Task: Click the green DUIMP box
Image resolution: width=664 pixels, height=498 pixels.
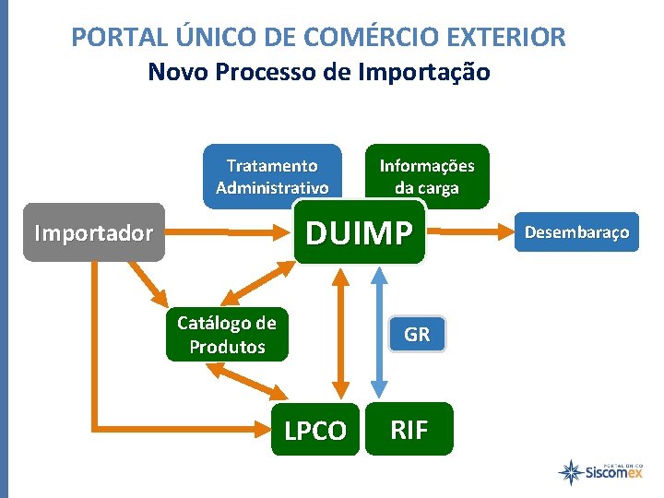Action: pos(360,233)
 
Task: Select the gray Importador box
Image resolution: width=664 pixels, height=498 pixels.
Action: pos(93,232)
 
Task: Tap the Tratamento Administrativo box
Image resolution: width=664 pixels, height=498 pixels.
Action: pos(271,176)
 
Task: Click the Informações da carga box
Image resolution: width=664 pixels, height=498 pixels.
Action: pos(427,176)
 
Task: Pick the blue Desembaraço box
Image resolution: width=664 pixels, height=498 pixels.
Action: pos(576,232)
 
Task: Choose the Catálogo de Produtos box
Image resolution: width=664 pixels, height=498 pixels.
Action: pos(227,335)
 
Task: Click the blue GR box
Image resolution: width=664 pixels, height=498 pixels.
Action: pos(417,335)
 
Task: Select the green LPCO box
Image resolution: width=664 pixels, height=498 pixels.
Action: pos(315,430)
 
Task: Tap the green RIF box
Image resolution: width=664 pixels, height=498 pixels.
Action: pos(409,429)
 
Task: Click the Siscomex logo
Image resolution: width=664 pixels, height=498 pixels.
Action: pos(599,472)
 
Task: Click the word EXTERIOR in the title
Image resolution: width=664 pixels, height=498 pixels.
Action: pos(508,38)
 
